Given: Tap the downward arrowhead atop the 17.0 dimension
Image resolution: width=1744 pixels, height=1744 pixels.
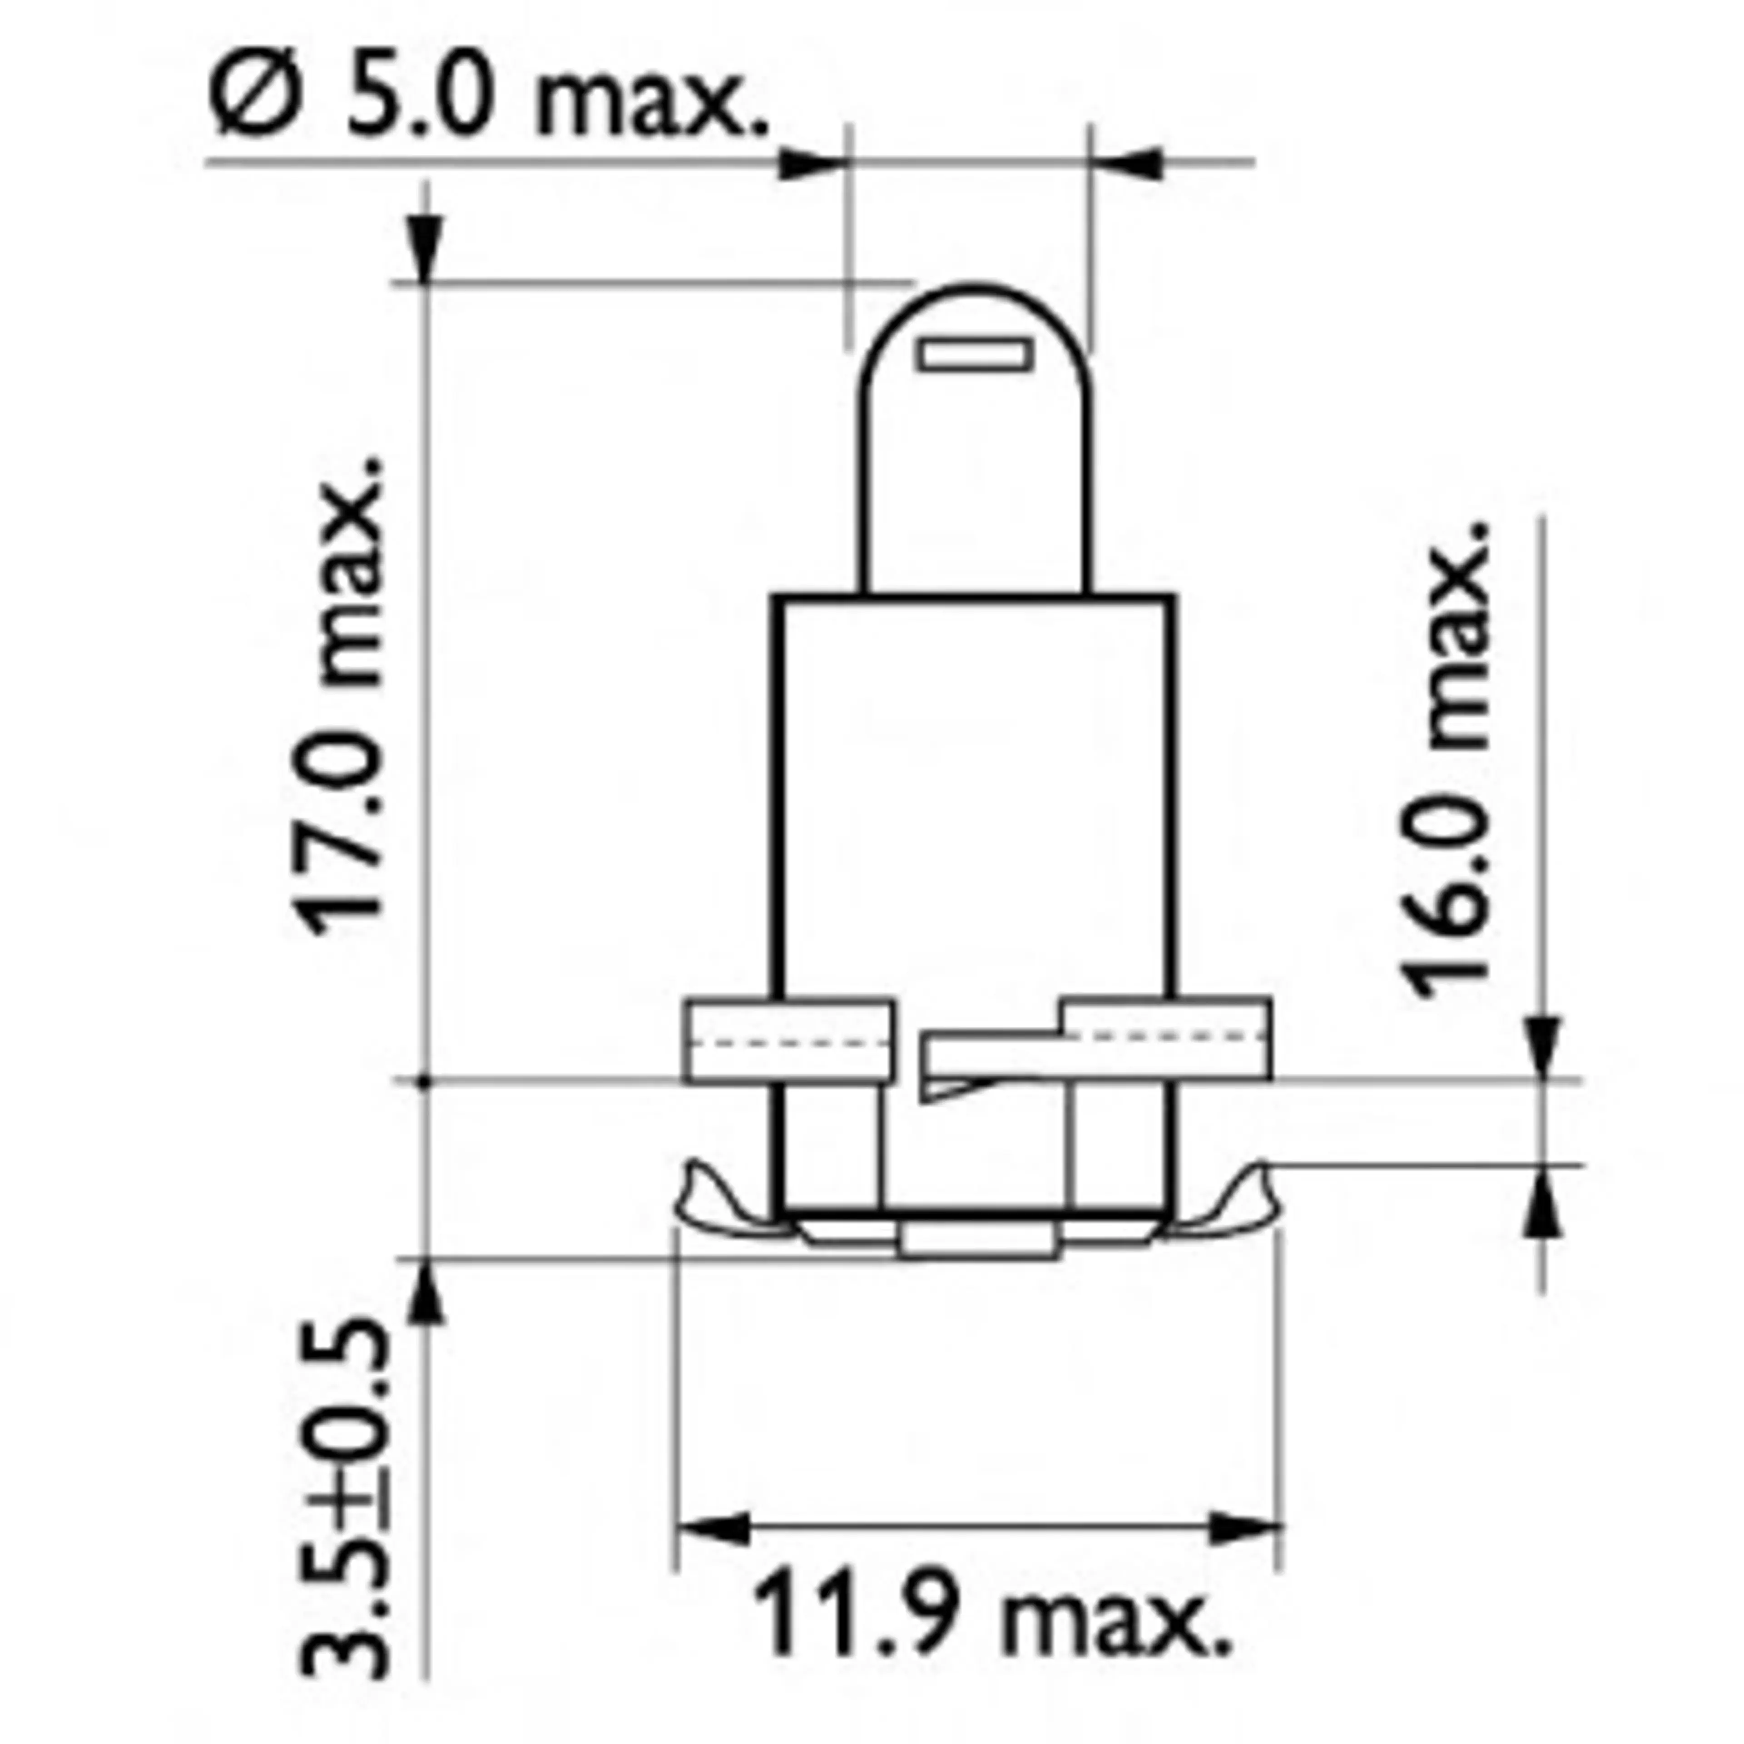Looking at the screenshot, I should point(426,248).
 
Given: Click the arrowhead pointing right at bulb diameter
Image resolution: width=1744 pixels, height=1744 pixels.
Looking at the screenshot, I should point(813,163).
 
